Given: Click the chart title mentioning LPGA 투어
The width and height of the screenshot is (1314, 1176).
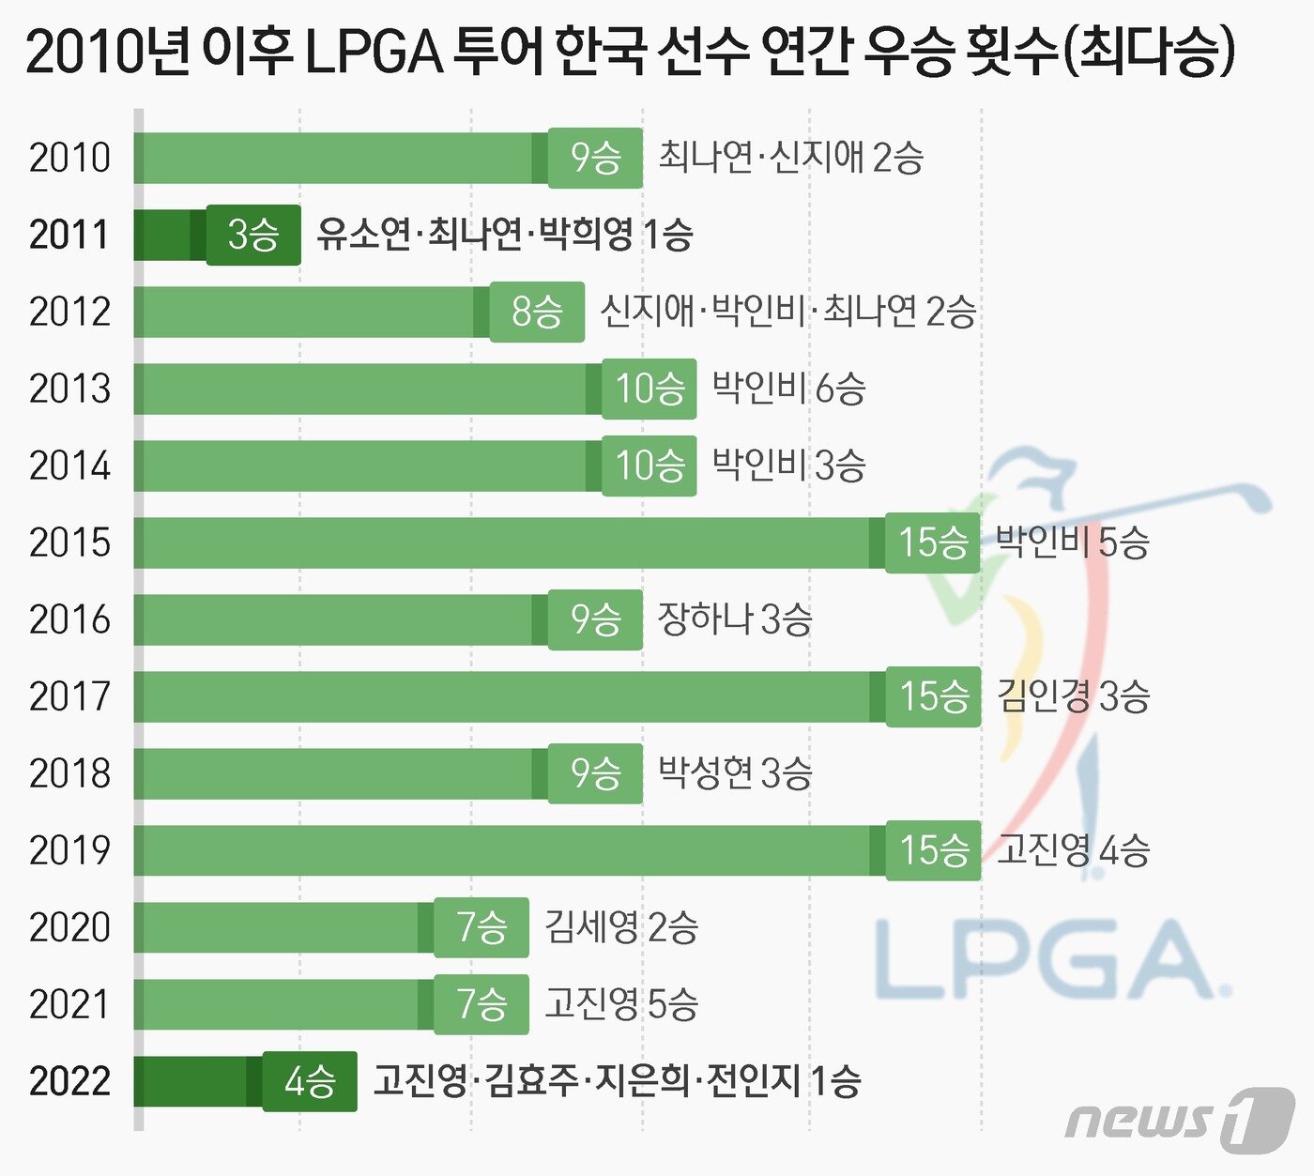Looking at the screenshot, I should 629,52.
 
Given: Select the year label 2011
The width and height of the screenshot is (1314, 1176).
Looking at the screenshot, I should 69,235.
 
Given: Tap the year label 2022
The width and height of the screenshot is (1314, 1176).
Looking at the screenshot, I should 69,1081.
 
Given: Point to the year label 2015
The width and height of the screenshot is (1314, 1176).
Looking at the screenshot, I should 69,542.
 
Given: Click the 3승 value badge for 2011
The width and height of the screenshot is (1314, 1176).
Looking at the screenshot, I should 253,235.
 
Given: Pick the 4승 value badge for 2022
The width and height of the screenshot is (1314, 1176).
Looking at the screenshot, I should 310,1081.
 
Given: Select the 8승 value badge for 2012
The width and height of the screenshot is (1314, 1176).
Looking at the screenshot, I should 537,312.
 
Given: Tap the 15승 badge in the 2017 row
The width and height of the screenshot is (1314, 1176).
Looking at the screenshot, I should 933,696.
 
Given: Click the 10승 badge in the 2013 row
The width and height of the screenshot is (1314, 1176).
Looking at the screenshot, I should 649,389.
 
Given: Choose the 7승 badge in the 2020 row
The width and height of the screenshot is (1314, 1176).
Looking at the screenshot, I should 481,927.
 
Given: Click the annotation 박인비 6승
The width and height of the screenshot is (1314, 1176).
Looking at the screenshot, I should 788,389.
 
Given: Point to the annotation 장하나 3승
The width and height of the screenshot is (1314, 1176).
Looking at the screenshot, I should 735,619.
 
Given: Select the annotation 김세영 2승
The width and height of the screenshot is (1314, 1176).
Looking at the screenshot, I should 621,927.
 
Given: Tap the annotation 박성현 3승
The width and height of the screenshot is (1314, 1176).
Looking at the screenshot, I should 735,773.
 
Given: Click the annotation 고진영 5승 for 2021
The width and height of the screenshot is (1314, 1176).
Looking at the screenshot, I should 621,1004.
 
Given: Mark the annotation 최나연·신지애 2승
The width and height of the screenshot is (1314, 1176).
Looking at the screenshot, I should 790,158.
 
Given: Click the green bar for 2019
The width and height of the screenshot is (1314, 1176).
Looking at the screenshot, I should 507,850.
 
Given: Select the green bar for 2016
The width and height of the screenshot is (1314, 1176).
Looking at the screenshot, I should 338,619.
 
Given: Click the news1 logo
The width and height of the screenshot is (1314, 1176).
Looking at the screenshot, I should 1179,1119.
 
